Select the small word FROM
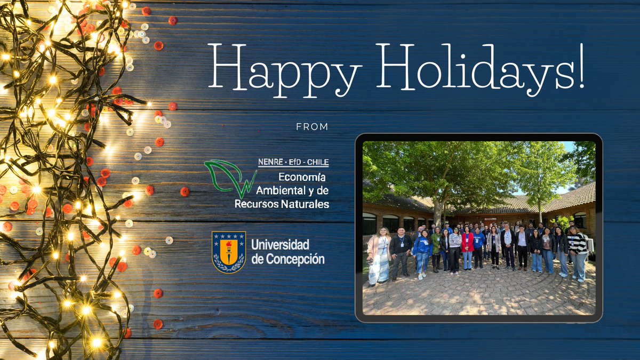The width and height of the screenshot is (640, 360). coord(312,127)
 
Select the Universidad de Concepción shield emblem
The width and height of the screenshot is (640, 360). coord(229,252)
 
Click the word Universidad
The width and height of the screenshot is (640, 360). coord(280,245)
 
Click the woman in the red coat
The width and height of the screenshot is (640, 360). coord(468,248)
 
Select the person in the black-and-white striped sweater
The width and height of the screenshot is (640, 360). coord(578,251)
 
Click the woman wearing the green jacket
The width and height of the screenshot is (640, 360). coord(437,248)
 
